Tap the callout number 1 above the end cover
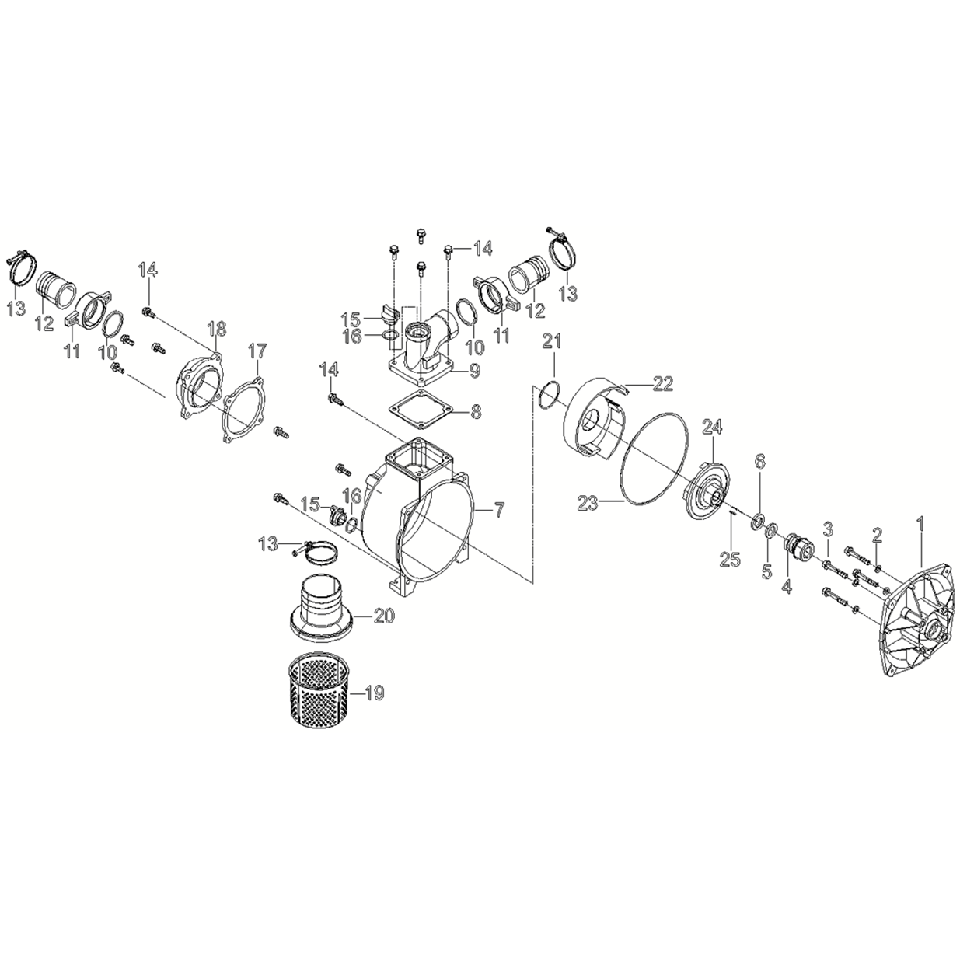920,524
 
